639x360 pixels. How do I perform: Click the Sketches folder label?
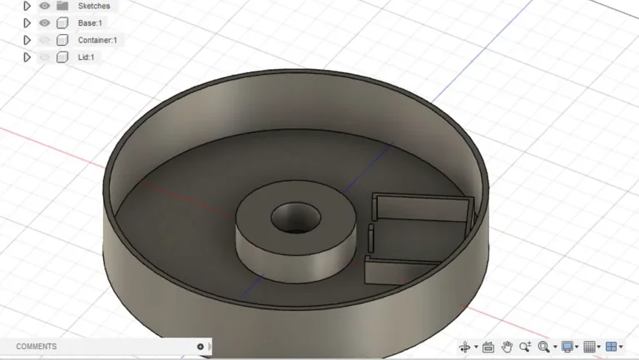(x=94, y=6)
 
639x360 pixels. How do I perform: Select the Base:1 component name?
(x=90, y=22)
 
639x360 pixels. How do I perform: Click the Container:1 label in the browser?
(x=97, y=40)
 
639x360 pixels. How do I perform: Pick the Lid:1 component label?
(x=87, y=57)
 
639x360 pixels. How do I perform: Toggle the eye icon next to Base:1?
(x=45, y=22)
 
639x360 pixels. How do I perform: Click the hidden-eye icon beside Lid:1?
(x=45, y=57)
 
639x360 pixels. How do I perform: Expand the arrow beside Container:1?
(x=27, y=40)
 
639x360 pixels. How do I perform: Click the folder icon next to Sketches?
(x=62, y=6)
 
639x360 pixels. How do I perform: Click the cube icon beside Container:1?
(x=62, y=40)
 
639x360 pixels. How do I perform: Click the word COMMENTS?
(x=37, y=347)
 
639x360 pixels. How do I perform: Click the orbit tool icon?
(x=465, y=347)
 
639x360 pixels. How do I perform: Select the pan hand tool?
(x=507, y=347)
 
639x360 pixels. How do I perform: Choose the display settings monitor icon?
(x=567, y=347)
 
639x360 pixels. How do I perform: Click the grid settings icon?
(x=589, y=347)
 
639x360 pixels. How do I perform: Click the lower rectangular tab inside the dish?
(x=399, y=270)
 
